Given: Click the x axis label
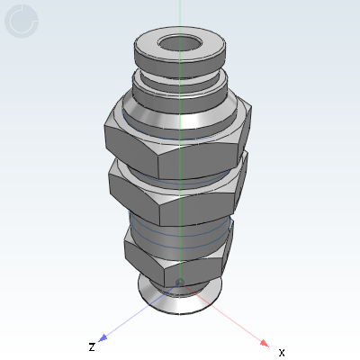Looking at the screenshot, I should click(282, 351).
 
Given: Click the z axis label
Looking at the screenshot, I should click(91, 346).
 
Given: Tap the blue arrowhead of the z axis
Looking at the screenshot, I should click(103, 337).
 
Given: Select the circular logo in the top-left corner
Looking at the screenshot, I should click(22, 22).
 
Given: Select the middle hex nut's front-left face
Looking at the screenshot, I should click(140, 198).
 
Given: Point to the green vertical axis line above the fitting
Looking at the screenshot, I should click(180, 13).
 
